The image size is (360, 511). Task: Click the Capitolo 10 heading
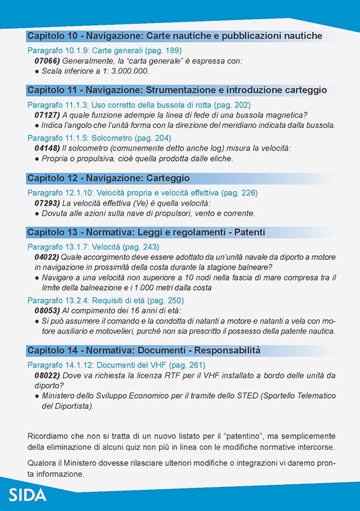coord(175,35)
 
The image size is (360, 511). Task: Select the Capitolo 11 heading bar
coord(177,90)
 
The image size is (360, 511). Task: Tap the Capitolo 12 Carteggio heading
coord(109,178)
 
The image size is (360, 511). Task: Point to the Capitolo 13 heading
coord(146,232)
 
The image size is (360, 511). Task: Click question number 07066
coord(47,61)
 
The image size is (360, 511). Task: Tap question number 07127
coord(47,115)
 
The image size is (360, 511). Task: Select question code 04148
coord(47,148)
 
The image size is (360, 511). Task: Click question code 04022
coord(47,256)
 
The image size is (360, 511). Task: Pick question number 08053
coord(47,310)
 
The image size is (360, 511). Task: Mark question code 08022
coord(47,375)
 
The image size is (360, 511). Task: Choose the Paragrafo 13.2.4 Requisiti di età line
coord(106,300)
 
